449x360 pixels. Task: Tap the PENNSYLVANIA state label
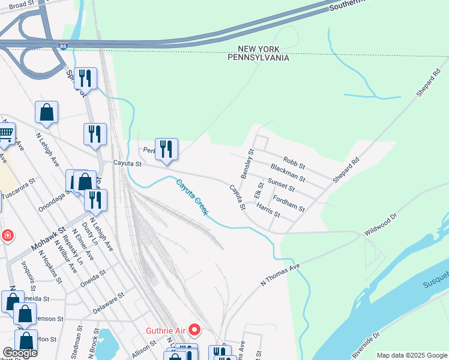click(258, 58)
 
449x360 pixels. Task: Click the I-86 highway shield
click(71, 45)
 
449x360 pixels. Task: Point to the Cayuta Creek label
click(192, 197)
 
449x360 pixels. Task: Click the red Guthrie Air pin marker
click(194, 329)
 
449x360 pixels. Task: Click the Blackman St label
click(288, 173)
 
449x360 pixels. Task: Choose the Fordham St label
click(289, 203)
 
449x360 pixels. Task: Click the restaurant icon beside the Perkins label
click(166, 149)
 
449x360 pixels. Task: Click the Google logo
click(19, 352)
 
